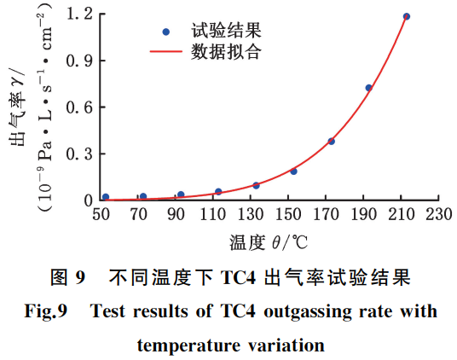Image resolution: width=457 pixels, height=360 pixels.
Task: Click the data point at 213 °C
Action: [407, 16]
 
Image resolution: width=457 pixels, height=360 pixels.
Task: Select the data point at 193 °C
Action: [369, 88]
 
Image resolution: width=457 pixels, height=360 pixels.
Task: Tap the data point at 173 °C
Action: [332, 141]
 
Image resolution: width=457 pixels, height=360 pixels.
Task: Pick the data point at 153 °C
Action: [293, 171]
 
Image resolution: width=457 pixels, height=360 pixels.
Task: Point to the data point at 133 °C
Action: [256, 185]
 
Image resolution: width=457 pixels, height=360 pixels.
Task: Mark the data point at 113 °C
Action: [218, 192]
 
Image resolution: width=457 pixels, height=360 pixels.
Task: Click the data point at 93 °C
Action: [181, 195]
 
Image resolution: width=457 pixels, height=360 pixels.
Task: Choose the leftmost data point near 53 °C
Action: [106, 197]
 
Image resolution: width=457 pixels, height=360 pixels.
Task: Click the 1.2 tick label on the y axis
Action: [81, 15]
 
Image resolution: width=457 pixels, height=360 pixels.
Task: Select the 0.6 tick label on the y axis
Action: [81, 107]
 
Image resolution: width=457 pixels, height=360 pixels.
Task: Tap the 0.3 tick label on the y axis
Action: [81, 154]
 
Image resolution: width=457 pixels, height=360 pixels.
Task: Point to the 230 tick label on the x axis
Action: [438, 213]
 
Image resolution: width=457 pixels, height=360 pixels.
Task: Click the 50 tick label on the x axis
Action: [101, 213]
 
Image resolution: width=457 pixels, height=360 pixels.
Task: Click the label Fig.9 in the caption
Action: [50, 311]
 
